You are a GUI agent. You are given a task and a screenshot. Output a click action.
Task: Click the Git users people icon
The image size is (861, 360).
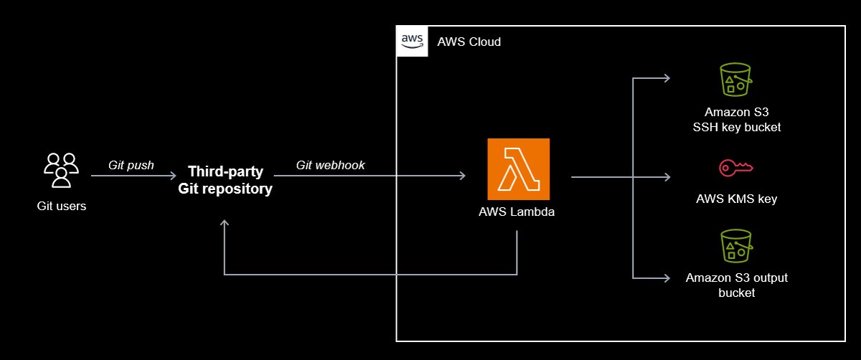pos(62,170)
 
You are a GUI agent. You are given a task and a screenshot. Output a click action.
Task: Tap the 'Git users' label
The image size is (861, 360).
pos(62,207)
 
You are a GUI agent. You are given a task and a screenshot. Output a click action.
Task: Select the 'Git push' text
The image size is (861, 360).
pos(131,165)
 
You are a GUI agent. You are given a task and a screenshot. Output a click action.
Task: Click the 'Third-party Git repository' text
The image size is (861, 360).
pos(225,180)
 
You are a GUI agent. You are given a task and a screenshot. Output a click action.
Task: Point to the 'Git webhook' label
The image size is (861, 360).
pos(330,165)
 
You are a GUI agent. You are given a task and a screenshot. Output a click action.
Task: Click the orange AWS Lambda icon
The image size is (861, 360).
pos(518,169)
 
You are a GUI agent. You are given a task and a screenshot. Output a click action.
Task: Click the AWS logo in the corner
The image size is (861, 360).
pos(411,41)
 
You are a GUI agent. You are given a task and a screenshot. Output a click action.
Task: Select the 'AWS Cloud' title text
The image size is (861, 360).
pos(469,42)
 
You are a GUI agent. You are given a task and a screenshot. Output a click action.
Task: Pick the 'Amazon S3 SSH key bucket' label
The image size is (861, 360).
pos(736,120)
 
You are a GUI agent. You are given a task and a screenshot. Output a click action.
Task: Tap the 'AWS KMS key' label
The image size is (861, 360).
pos(736,199)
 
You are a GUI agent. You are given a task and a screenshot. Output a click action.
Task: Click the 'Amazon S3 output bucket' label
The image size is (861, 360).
pos(736,285)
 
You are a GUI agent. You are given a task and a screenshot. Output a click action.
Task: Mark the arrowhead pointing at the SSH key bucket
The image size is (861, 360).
pos(667,78)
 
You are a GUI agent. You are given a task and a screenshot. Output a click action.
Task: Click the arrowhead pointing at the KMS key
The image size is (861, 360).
pos(667,176)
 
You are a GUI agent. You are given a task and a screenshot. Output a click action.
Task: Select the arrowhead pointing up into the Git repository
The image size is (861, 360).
pos(225,224)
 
